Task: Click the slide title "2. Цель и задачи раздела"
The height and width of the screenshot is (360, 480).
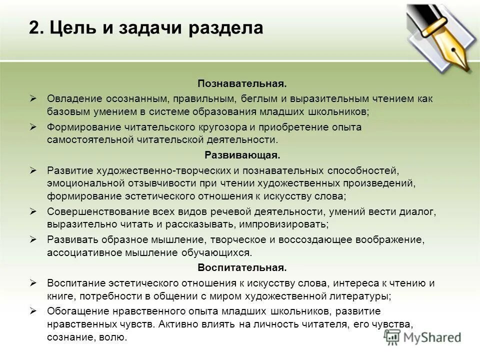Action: pos(146,28)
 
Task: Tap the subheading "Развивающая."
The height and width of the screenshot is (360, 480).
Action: pos(242,155)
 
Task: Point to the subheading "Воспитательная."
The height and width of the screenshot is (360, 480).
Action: pos(242,267)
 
